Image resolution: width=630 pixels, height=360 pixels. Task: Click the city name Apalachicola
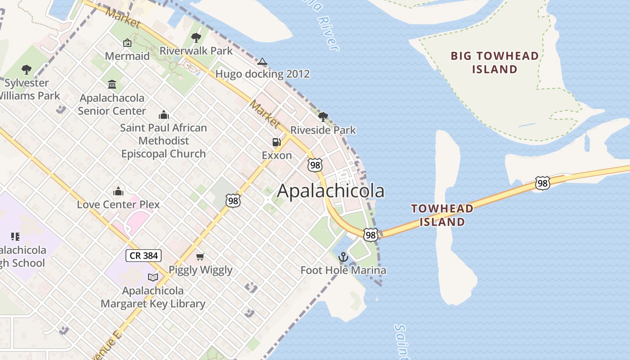(x=331, y=191)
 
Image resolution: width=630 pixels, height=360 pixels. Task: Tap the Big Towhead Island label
(x=495, y=63)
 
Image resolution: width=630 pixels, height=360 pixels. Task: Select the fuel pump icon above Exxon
(x=276, y=142)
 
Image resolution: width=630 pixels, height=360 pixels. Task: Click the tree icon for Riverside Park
(x=323, y=117)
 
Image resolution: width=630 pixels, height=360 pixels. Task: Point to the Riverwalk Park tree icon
(x=196, y=38)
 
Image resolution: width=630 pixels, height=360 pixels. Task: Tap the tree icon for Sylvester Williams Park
(x=27, y=70)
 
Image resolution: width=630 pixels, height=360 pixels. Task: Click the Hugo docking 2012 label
(x=263, y=74)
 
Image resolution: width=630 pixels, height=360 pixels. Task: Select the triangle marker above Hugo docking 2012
(x=262, y=61)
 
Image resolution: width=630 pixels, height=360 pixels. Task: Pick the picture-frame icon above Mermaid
(x=127, y=43)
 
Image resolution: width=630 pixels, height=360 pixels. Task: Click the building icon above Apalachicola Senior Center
(x=112, y=84)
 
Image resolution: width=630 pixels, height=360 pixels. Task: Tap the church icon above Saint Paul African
(x=164, y=115)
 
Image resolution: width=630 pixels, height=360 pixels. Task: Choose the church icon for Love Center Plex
(x=118, y=191)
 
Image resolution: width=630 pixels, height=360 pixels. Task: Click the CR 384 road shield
(x=144, y=256)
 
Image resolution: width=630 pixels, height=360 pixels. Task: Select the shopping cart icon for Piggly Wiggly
(x=200, y=256)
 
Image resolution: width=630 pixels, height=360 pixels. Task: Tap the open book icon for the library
(x=153, y=277)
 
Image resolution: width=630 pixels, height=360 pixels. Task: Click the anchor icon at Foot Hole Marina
(x=343, y=257)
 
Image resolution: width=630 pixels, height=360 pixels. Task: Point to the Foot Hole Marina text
(x=343, y=270)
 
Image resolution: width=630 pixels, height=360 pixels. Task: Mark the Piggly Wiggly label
(x=200, y=270)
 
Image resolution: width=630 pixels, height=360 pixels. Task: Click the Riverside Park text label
(x=323, y=130)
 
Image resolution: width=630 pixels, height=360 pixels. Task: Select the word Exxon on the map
(x=277, y=156)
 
